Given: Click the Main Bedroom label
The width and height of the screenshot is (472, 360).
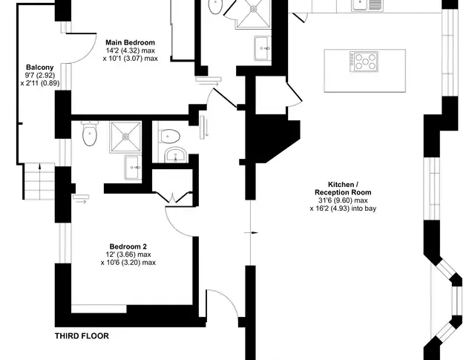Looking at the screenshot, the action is (x=130, y=42).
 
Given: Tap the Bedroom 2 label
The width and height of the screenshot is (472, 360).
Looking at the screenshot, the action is (x=128, y=247).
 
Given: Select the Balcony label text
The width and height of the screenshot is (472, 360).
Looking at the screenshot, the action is (x=40, y=68).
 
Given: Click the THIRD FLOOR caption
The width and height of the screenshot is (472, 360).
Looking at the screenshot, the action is (x=82, y=336).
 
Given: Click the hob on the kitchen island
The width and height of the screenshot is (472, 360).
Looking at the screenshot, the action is (x=364, y=62).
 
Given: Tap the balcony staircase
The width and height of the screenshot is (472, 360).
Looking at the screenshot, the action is (x=39, y=181).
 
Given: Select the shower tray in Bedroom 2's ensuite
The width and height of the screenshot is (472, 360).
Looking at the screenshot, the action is (x=125, y=137).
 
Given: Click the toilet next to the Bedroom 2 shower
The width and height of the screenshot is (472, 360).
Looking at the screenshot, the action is (x=90, y=134).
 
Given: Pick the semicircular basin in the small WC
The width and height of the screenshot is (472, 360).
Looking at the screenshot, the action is (x=176, y=155).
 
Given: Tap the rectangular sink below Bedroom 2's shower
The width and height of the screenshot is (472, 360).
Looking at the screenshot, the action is (x=133, y=167).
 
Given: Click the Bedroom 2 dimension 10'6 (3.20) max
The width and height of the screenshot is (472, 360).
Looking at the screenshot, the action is (x=128, y=263).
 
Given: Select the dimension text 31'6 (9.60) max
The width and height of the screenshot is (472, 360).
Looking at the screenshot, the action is (x=343, y=200).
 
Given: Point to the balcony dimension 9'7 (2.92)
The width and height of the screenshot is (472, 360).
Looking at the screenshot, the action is (x=40, y=75).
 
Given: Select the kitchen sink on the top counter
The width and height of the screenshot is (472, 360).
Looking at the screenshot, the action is (x=367, y=5).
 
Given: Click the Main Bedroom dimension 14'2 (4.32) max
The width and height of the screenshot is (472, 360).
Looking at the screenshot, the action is (x=131, y=50).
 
